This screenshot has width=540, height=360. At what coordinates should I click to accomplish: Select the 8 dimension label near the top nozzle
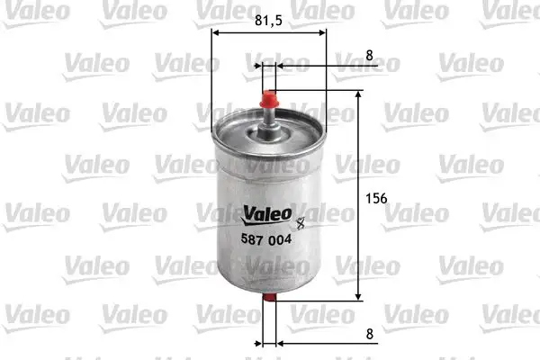coord(369,55)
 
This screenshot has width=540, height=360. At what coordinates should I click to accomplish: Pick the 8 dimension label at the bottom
coord(369,334)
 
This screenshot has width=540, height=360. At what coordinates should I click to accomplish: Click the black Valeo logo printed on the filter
coord(265,213)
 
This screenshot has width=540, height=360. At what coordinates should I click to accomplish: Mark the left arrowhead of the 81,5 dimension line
coord(216,33)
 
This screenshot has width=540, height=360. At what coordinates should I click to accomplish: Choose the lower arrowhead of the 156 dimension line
coord(359,297)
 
